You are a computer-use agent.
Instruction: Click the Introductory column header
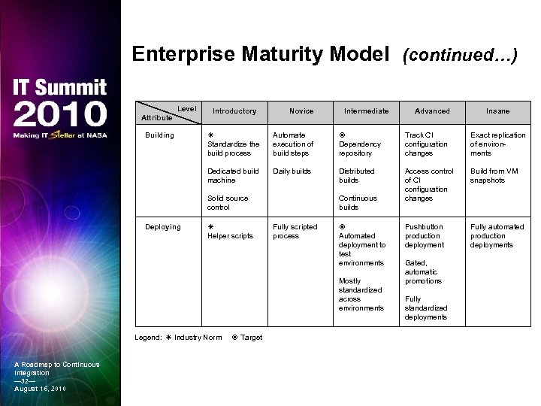tap(234, 111)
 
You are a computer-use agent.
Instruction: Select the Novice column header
tap(301, 111)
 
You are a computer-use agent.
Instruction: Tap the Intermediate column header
tap(366, 111)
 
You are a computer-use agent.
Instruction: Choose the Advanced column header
tap(432, 111)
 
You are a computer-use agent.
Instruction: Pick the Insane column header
tap(497, 111)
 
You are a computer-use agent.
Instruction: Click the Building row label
tap(160, 135)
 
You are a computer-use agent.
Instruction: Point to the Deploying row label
tap(163, 227)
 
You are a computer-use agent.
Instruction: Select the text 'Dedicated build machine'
tap(232, 176)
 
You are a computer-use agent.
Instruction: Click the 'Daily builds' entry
tap(291, 171)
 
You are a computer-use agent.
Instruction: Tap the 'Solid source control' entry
tap(227, 203)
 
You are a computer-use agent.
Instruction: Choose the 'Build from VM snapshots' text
tap(494, 176)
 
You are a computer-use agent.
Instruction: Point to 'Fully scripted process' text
tap(295, 232)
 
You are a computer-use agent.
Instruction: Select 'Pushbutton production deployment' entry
tap(424, 236)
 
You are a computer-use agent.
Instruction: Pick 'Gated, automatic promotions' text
tap(422, 272)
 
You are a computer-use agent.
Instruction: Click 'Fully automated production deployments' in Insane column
tap(497, 236)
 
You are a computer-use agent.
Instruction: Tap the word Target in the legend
tap(251, 338)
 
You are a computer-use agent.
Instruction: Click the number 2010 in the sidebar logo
tap(60, 114)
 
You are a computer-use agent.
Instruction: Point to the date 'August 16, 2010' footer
tap(40, 388)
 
